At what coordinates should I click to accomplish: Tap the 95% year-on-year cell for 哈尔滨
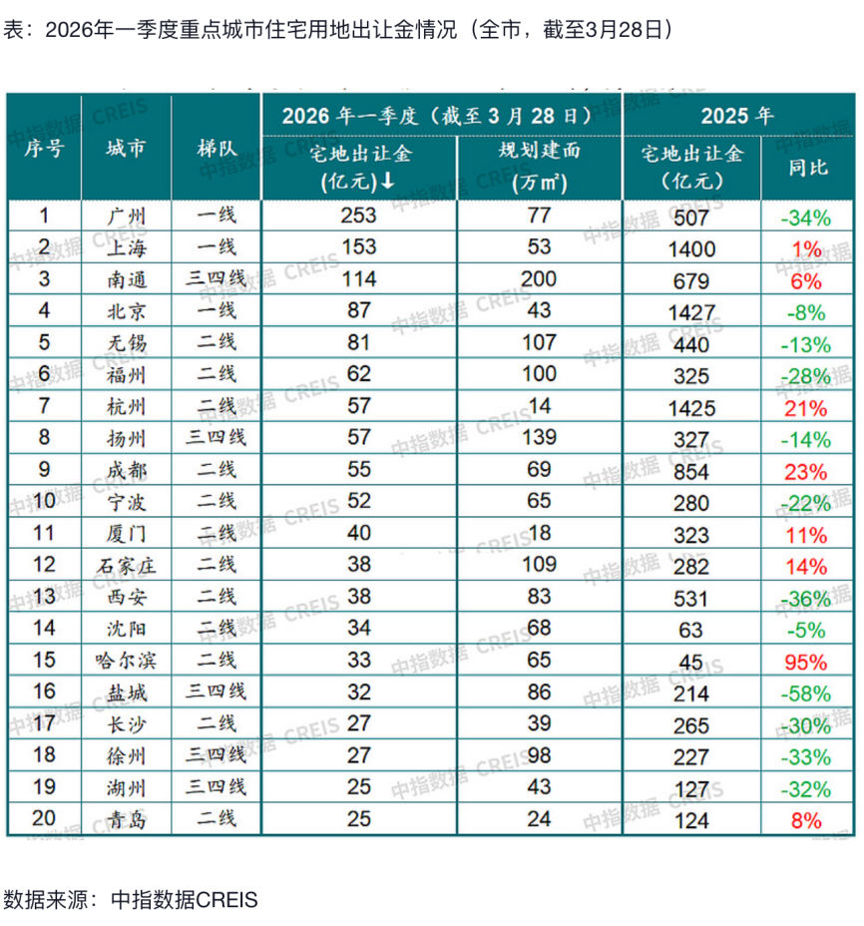coord(805,662)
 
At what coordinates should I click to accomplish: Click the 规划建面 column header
coord(539,166)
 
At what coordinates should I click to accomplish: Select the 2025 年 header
coord(736,115)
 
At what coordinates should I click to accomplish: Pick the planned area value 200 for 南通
coord(539,278)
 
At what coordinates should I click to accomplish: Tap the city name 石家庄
coord(126,566)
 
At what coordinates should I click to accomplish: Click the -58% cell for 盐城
coord(805,694)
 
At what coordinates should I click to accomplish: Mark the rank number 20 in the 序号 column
coord(44,820)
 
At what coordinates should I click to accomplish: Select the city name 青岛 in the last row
coord(126,820)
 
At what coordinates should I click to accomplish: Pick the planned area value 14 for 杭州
coord(539,406)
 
